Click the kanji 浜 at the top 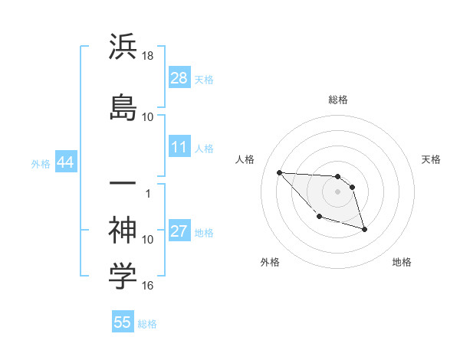click(123, 47)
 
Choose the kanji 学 click(123, 277)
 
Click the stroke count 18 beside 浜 click(148, 57)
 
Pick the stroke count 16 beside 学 click(148, 286)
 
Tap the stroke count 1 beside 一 click(148, 193)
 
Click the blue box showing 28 click(179, 78)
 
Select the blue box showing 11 click(179, 147)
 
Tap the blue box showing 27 click(179, 231)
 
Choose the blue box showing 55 click(123, 322)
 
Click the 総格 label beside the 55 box click(147, 324)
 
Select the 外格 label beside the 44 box click(41, 164)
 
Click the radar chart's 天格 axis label click(431, 159)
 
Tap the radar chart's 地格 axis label click(402, 262)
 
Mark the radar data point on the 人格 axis click(279, 172)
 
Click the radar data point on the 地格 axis click(364, 229)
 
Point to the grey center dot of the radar click(337, 191)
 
